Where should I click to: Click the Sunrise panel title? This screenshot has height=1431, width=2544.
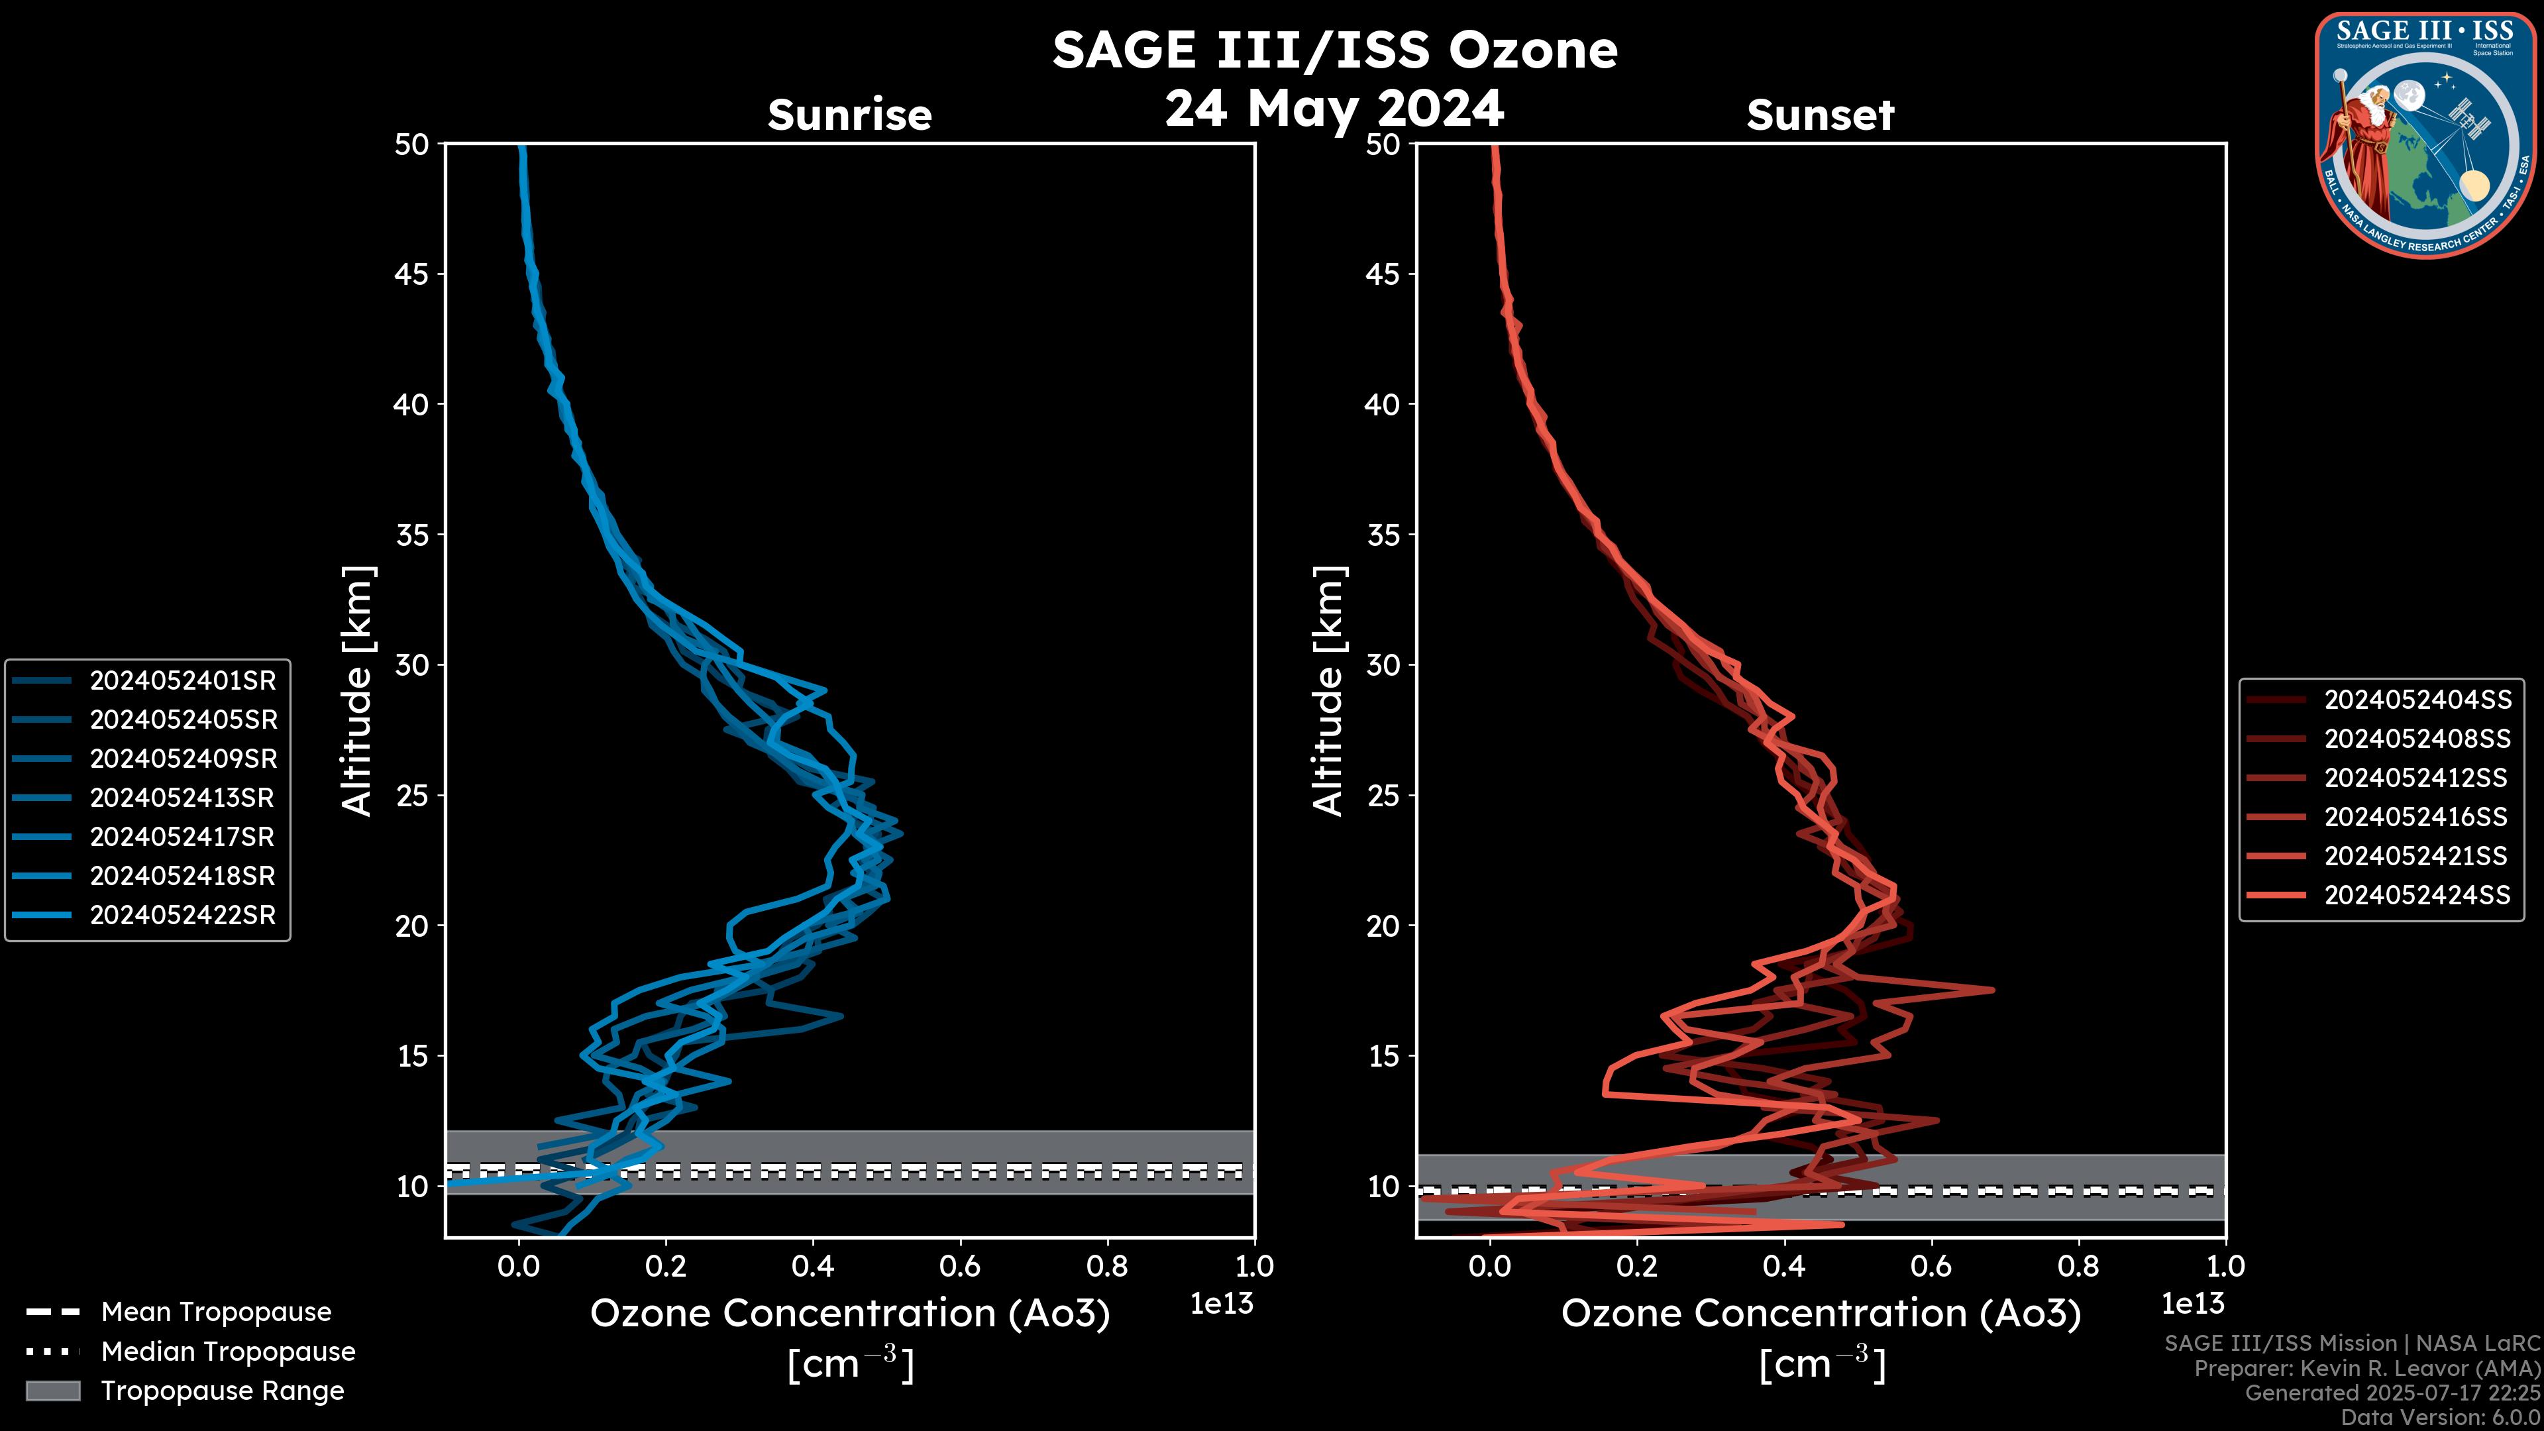849,115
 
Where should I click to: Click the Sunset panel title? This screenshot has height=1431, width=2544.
1820,115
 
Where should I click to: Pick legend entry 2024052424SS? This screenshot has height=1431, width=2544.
2417,895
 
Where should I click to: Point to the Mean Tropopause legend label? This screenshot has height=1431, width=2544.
216,1312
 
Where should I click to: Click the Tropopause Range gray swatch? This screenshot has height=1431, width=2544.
52,1391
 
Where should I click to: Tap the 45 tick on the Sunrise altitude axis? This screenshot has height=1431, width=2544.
412,274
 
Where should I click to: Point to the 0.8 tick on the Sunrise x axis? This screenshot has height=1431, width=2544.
1107,1266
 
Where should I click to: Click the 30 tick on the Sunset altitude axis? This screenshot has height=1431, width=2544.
1383,664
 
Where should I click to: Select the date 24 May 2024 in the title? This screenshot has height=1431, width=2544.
1334,107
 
